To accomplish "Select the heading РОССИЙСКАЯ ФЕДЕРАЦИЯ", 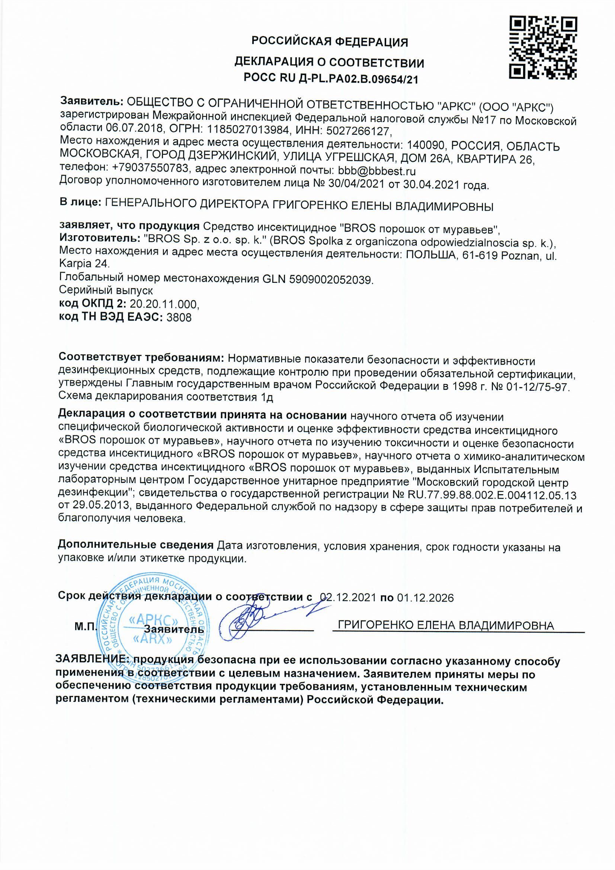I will [330, 42].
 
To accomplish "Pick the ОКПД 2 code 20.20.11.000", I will [164, 304].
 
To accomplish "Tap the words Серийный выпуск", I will [106, 291].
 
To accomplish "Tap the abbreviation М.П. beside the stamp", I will [86, 627].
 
